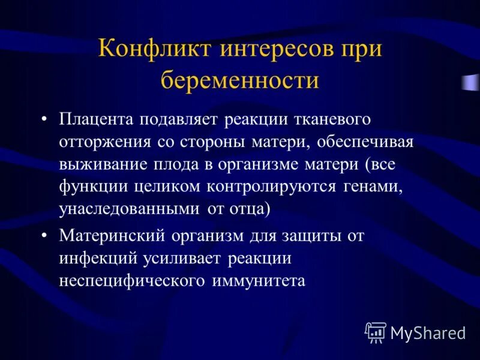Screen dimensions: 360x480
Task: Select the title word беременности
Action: pyautogui.click(x=239, y=80)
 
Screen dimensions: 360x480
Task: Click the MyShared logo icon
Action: pyautogui.click(x=375, y=332)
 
